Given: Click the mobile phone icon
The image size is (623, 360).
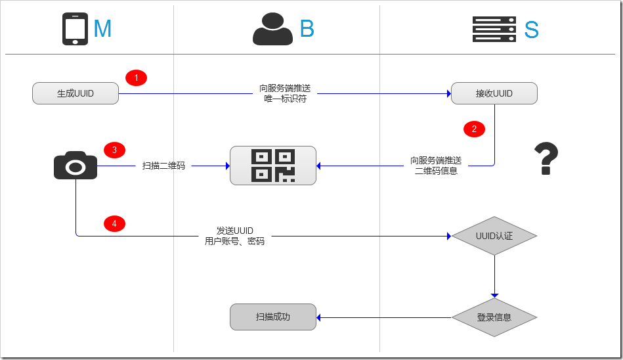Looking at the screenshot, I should pos(75,29).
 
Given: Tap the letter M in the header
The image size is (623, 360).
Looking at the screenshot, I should pos(102,29).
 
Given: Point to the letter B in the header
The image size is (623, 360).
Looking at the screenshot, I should pos(307,29).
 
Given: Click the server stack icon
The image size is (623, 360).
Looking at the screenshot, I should pos(494,30).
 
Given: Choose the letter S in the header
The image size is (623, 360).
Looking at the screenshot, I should pos(531,30).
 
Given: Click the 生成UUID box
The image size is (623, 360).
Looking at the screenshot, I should pos(75,93).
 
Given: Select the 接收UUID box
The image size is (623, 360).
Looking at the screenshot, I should pos(494,93).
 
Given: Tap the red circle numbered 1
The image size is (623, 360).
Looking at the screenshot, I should pos(136,78).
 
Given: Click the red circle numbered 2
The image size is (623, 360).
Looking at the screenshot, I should pos(474,129).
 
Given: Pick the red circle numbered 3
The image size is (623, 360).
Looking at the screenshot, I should pos(114,150).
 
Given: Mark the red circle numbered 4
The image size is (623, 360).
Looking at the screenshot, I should pos(114,224).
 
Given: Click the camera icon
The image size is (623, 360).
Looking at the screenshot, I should pos(75,166).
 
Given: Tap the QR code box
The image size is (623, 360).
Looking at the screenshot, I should pos(272,166).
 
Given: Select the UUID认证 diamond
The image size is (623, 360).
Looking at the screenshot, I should pos(494,236).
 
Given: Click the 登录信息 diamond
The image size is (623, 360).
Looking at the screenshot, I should pos(494,317).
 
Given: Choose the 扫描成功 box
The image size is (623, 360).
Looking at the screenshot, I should pos(272,317).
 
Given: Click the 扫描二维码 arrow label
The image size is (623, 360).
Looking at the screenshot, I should pos(163,166).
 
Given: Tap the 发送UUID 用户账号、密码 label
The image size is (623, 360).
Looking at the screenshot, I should pos(234,236).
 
